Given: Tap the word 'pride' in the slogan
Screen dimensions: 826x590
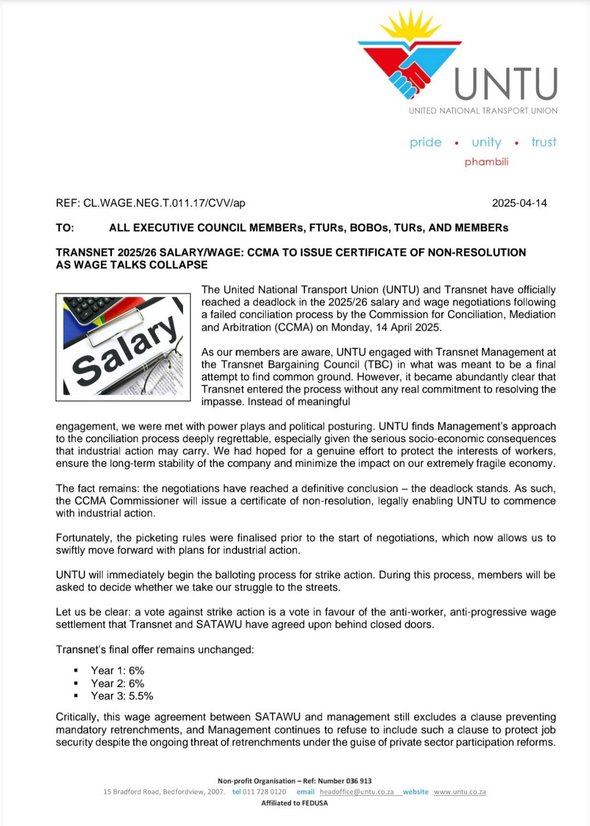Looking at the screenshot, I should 426,142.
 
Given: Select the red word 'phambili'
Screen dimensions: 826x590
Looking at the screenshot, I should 486,162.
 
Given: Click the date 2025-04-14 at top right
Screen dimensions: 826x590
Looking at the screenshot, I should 519,203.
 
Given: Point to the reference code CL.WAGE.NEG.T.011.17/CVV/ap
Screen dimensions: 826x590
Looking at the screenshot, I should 164,203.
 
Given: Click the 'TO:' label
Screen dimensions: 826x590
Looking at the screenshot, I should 64,227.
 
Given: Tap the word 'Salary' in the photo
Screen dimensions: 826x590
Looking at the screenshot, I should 126,350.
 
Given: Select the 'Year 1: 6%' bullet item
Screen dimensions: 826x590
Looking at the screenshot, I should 117,671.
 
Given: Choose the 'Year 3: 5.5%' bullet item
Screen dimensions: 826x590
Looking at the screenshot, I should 122,696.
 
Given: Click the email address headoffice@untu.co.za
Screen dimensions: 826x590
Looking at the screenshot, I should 357,792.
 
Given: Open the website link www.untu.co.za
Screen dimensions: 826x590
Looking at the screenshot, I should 459,792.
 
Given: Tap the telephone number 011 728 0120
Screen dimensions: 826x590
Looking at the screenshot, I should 264,792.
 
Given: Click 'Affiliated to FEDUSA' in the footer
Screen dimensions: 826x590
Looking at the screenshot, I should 294,803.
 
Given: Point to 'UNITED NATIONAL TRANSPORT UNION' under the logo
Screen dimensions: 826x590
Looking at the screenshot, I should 483,110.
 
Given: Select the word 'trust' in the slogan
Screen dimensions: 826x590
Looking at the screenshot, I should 544,142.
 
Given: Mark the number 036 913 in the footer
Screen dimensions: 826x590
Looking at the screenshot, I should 359,781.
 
